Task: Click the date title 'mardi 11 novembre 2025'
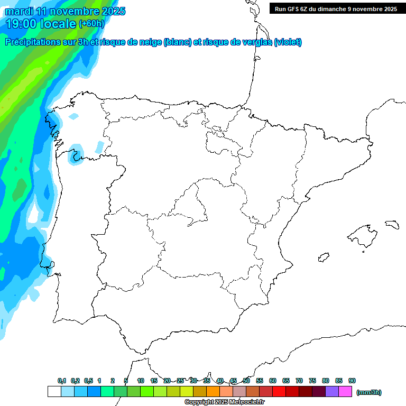pyautogui.click(x=65, y=11)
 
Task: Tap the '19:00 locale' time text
pyautogui.click(x=41, y=23)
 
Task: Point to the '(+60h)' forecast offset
pyautogui.click(x=91, y=24)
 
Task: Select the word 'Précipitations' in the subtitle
pyautogui.click(x=31, y=42)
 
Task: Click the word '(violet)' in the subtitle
pyautogui.click(x=288, y=42)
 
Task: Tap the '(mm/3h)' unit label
pyautogui.click(x=369, y=392)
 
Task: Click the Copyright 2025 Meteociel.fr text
pyautogui.click(x=224, y=402)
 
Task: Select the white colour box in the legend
pyautogui.click(x=54, y=392)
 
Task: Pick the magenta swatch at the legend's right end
pyautogui.click(x=345, y=392)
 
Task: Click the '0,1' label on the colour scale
pyautogui.click(x=62, y=381)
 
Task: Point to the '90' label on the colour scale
pyautogui.click(x=352, y=381)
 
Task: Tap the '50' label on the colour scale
pyautogui.click(x=246, y=381)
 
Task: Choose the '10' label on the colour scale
pyautogui.click(x=141, y=381)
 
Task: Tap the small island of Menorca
pyautogui.click(x=391, y=224)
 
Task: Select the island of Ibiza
pyautogui.click(x=323, y=257)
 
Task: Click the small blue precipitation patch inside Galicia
pyautogui.click(x=78, y=152)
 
